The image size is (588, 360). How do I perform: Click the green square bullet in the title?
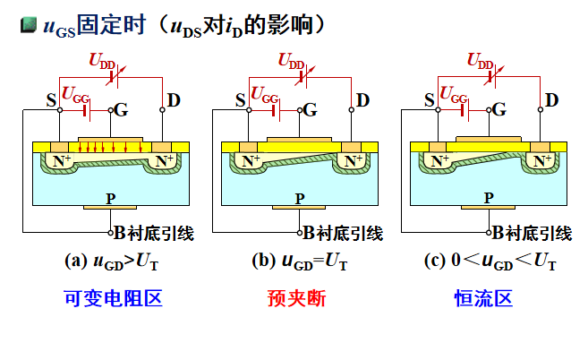[27, 26]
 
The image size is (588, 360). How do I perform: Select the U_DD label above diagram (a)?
[102, 61]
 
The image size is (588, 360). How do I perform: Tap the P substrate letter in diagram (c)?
[488, 197]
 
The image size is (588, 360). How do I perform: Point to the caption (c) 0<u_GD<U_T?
[491, 261]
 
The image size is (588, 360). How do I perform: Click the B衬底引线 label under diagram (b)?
[342, 234]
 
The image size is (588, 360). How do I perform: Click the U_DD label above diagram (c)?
[481, 61]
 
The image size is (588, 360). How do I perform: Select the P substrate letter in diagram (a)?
[110, 197]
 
